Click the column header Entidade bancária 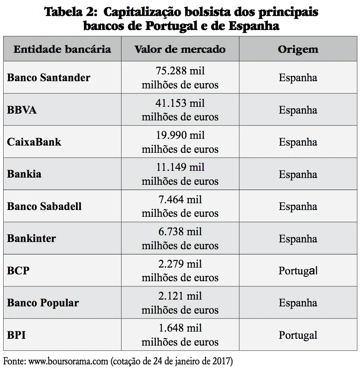coord(62,49)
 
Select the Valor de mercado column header coord(180,49)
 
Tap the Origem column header coord(298,49)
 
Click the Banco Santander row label coord(48,77)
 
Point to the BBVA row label coord(22,110)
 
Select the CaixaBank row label coord(34,142)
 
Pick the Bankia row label coord(24,174)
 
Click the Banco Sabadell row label coord(44,206)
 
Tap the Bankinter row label coord(31,238)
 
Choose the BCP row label coord(18,271)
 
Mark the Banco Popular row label coord(43,303)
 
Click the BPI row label coord(16,335)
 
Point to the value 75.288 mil coord(180,71)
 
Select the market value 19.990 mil coord(180,135)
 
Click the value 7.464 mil coord(180,199)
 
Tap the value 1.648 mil coord(180,328)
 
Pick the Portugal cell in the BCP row coord(298,271)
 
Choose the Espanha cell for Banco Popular coord(298,303)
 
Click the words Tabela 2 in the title coord(69,12)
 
